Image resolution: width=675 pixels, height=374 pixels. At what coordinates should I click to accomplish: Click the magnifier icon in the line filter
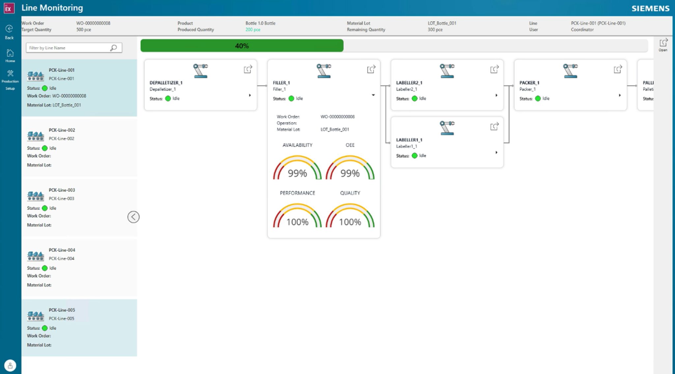(113, 48)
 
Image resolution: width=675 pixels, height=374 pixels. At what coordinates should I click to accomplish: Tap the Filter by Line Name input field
(68, 48)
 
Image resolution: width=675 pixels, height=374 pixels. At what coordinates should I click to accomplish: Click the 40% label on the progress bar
(242, 46)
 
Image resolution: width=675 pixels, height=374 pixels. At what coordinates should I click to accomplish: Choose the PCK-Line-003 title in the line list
(62, 190)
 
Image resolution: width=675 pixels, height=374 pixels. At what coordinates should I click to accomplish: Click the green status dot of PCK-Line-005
(45, 328)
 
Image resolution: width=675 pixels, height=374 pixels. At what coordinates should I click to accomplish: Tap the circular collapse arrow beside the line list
(133, 217)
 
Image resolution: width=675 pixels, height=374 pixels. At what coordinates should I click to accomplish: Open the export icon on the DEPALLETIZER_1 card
(248, 69)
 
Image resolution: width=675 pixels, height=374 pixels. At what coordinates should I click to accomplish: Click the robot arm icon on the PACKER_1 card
(570, 71)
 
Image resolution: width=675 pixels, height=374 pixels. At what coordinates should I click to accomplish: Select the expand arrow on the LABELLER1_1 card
(496, 152)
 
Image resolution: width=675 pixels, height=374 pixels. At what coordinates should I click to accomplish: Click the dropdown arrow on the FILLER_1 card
(373, 95)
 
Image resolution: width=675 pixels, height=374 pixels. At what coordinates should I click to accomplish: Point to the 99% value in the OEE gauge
(350, 173)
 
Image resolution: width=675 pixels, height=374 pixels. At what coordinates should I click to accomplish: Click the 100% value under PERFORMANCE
(297, 222)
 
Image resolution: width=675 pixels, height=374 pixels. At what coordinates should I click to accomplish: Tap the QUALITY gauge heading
(350, 193)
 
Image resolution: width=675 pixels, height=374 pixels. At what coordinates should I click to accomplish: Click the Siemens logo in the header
(650, 8)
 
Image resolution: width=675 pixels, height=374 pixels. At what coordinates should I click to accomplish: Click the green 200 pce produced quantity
(253, 30)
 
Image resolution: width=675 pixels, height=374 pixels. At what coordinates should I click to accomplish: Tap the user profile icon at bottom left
(10, 365)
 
